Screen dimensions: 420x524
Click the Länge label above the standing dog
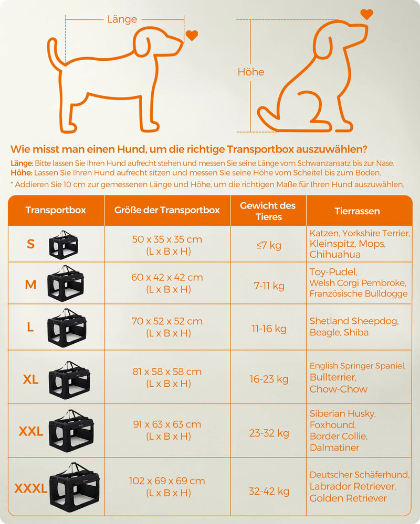(122, 19)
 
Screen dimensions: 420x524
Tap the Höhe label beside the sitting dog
(251, 72)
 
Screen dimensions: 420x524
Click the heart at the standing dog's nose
(192, 35)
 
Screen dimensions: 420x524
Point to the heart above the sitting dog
(367, 14)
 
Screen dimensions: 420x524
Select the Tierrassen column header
(357, 211)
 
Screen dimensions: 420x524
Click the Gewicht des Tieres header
(268, 211)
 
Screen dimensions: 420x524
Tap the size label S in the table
(30, 244)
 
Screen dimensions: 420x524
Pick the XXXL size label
(30, 488)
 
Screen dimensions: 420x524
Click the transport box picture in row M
(66, 283)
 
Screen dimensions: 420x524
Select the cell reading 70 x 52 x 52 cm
(167, 321)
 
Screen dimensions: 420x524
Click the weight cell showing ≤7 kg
(269, 245)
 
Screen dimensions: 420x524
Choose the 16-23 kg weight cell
(269, 379)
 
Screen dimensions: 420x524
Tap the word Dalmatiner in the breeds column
(334, 447)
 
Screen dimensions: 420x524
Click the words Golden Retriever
(348, 498)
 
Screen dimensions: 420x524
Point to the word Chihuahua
(335, 254)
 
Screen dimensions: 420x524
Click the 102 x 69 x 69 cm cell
(167, 481)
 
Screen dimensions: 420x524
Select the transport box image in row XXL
(71, 431)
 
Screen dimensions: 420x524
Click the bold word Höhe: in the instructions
(22, 173)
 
